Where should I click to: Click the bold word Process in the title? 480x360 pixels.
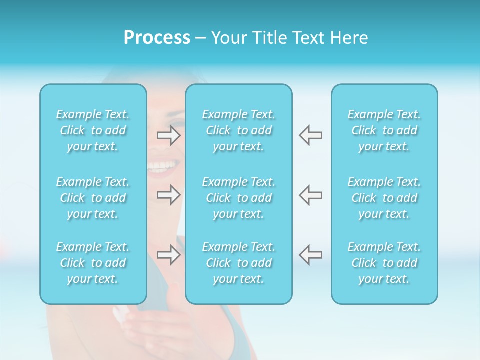[157, 38]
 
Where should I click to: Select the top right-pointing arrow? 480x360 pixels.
[169, 135]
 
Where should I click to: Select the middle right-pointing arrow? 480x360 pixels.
[169, 195]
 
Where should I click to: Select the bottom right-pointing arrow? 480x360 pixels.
[169, 255]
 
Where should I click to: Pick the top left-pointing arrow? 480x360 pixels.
[311, 135]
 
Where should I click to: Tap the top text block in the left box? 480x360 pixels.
[93, 130]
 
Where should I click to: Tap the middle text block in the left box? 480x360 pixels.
[93, 198]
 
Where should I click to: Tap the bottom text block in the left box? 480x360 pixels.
[93, 263]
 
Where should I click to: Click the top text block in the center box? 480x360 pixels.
[238, 130]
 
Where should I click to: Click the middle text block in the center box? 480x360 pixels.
[238, 198]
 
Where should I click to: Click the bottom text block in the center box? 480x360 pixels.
[238, 263]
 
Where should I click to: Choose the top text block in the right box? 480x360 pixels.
[384, 130]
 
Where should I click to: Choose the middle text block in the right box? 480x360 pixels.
[384, 198]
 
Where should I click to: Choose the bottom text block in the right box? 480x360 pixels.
[384, 263]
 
